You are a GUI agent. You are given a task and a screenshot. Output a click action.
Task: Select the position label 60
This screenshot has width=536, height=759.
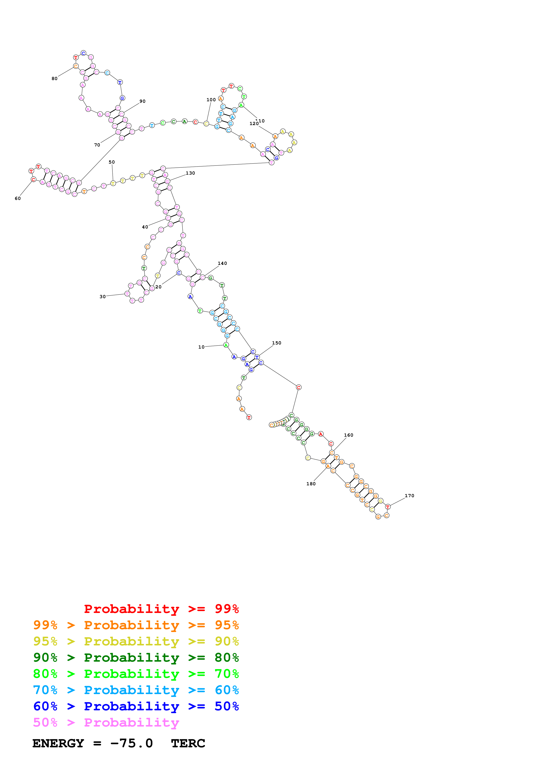tap(18, 198)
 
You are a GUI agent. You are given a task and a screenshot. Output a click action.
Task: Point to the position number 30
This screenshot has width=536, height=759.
tap(103, 297)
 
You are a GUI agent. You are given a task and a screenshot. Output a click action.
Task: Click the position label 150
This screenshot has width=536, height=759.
tap(276, 343)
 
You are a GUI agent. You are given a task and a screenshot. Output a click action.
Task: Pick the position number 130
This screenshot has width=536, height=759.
tap(190, 173)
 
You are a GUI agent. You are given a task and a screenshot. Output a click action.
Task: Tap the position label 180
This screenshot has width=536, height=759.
tap(311, 484)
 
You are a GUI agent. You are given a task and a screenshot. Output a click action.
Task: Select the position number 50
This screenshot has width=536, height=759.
tap(112, 162)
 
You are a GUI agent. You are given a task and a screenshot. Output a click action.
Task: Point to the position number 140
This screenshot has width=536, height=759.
tap(222, 263)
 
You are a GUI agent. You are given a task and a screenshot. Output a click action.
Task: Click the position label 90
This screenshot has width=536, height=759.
tap(142, 101)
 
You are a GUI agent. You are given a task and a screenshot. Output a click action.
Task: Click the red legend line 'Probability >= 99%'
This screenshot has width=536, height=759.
tap(161, 609)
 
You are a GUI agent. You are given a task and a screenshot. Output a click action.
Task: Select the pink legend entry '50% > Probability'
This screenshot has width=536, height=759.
tap(106, 722)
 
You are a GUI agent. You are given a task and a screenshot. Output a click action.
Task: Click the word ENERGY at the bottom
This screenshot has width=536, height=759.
tap(58, 743)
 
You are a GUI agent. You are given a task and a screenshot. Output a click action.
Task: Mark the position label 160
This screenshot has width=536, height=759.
tap(348, 435)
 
